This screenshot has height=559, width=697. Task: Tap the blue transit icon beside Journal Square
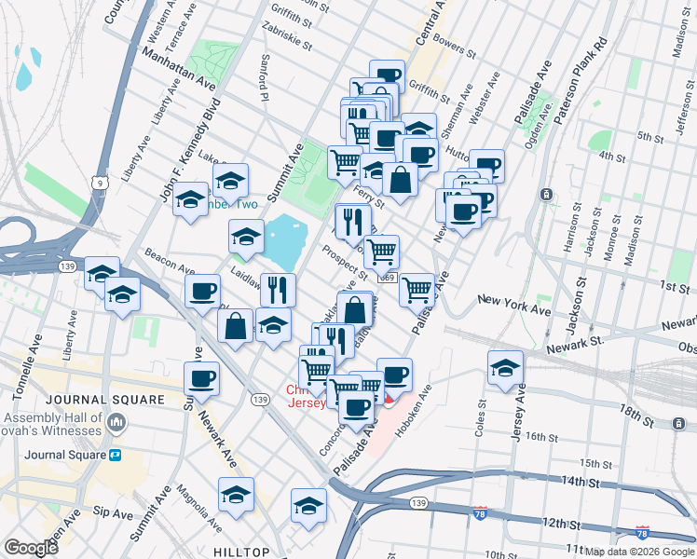[116, 455]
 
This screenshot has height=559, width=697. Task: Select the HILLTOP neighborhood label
[241, 552]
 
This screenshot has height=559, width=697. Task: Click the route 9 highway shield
[98, 183]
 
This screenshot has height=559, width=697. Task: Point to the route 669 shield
[388, 278]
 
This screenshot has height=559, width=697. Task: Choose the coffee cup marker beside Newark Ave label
[201, 378]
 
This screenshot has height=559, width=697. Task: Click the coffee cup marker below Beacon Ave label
[202, 291]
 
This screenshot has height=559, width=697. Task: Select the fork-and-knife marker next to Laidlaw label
[277, 290]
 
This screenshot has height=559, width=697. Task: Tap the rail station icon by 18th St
[676, 422]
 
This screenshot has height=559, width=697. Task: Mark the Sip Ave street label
[113, 513]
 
